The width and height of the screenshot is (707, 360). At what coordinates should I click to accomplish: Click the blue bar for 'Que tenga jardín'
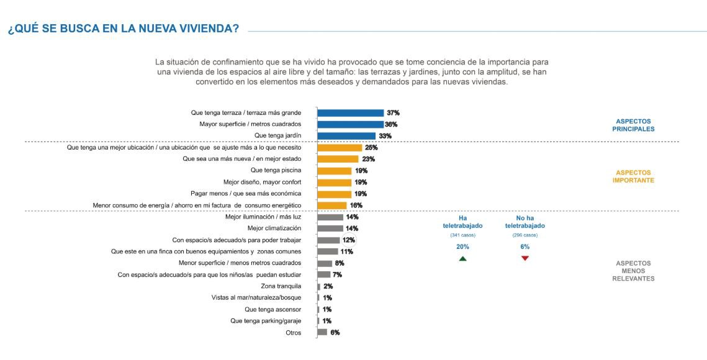point(346,136)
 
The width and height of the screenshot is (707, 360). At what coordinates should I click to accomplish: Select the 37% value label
point(393,113)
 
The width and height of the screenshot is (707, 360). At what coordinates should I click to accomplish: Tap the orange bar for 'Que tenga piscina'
point(335,171)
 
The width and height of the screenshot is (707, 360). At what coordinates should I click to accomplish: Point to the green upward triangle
point(462,258)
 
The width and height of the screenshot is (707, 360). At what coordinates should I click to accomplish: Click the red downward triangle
point(525,258)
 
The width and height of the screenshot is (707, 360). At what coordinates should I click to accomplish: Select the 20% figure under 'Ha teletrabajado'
point(462,247)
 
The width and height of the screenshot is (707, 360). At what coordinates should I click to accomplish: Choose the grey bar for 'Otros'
point(322,332)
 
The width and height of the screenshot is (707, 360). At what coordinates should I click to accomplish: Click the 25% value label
point(371,148)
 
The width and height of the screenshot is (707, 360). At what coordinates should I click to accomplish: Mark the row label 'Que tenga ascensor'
point(273,309)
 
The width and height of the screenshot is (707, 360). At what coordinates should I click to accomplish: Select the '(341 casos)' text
point(462,235)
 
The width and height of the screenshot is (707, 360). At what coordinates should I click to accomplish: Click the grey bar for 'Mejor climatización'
point(330,228)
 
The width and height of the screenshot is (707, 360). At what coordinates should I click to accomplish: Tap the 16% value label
point(356,205)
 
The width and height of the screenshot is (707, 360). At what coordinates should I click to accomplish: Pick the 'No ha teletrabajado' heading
point(525,222)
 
